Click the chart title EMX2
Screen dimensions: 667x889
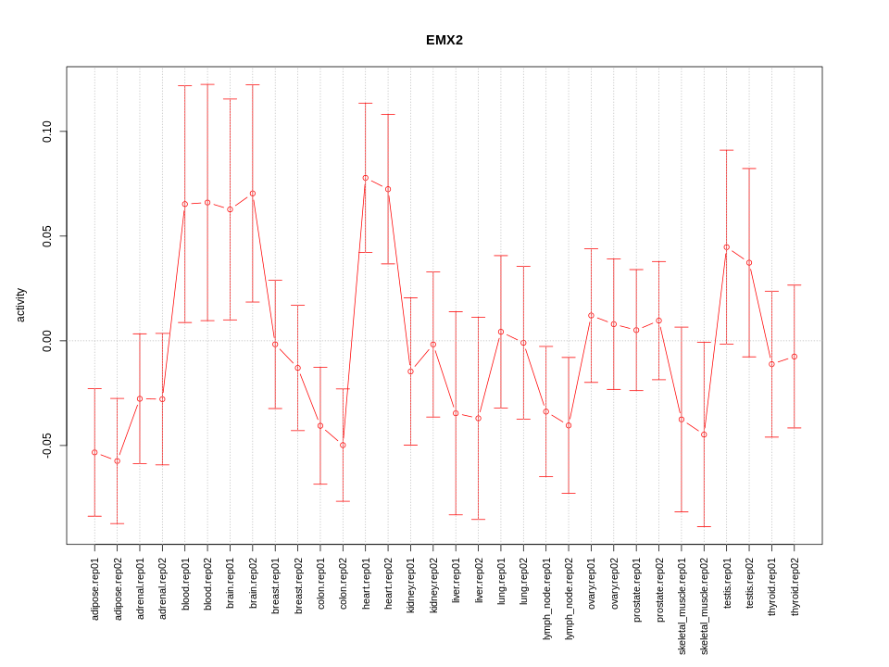click(x=444, y=40)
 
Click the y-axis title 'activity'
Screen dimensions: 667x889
click(x=21, y=305)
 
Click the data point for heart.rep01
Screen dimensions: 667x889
click(x=365, y=178)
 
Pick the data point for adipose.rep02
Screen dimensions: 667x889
click(x=117, y=460)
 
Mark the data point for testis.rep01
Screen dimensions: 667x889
click(x=727, y=247)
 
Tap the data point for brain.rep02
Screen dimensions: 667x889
click(x=253, y=194)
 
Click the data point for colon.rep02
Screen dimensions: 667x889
click(x=343, y=445)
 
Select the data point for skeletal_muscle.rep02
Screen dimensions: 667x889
click(x=704, y=434)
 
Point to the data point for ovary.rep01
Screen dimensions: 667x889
click(x=591, y=316)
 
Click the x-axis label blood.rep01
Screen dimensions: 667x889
click(x=185, y=587)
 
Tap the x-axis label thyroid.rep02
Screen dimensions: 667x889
click(x=795, y=588)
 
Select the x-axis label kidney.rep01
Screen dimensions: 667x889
click(x=410, y=588)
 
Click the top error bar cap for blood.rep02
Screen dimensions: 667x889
click(x=207, y=84)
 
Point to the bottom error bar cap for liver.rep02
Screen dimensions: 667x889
click(x=478, y=520)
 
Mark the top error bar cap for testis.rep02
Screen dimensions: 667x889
click(x=749, y=169)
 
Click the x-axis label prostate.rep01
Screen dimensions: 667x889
click(x=636, y=590)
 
